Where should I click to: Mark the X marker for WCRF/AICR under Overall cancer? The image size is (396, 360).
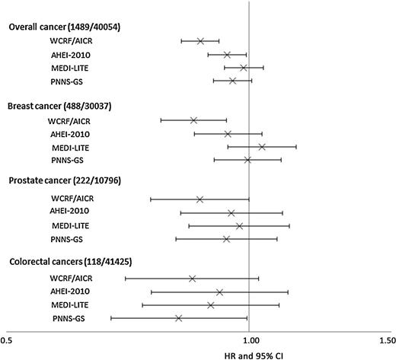pyautogui.click(x=200, y=41)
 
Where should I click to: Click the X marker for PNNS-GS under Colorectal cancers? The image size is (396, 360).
pyautogui.click(x=178, y=318)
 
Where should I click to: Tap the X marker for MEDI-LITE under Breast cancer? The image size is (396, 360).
pyautogui.click(x=262, y=146)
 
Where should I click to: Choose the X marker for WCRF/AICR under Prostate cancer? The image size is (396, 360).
pyautogui.click(x=200, y=199)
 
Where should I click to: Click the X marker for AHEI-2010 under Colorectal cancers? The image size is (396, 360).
pyautogui.click(x=219, y=292)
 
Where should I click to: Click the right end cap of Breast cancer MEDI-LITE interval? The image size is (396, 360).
pyautogui.click(x=296, y=146)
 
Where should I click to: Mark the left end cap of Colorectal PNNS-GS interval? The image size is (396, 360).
pyautogui.click(x=111, y=318)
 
